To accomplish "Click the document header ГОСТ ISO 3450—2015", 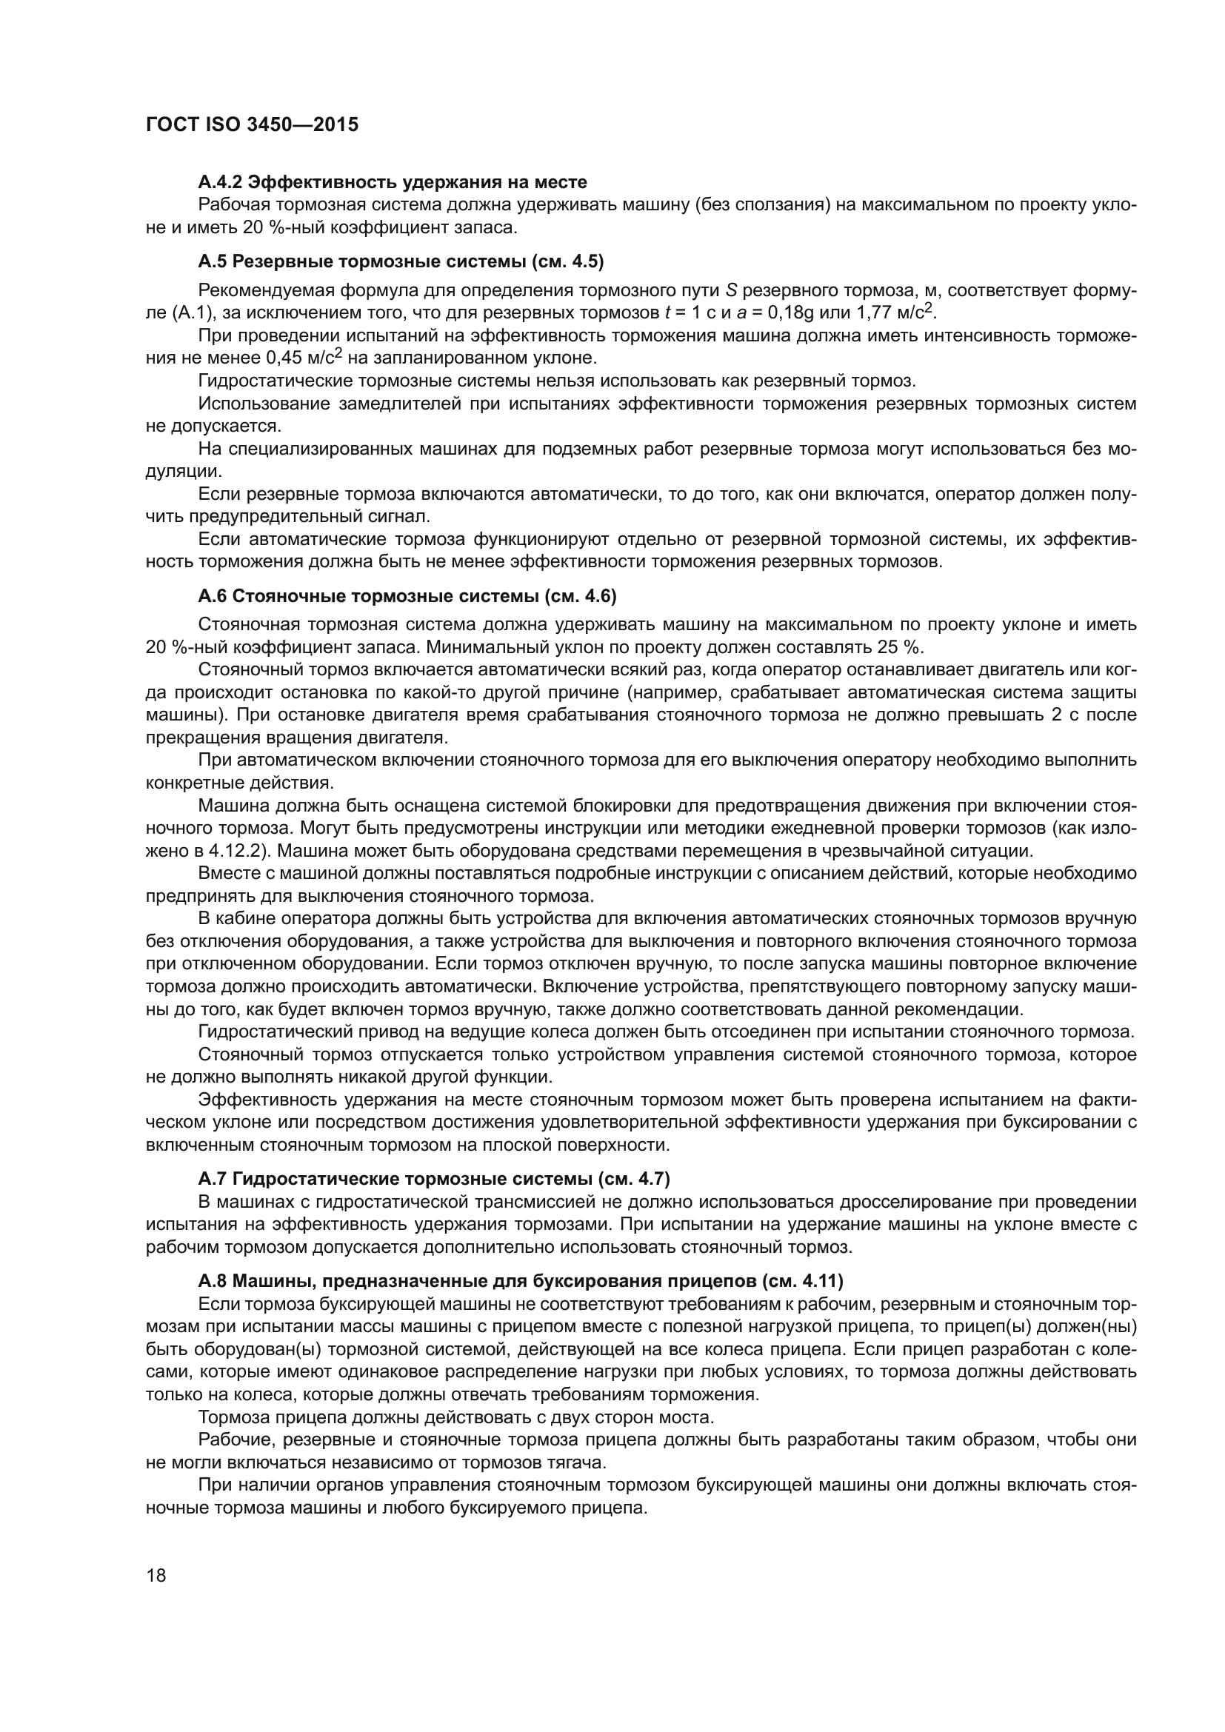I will click(x=252, y=124).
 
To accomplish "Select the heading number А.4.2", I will click(x=220, y=182).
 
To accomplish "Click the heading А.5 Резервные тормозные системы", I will click(x=400, y=261).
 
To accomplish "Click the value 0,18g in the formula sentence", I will click(x=795, y=312).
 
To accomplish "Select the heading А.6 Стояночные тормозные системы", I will click(x=407, y=597).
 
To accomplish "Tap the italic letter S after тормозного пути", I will click(x=730, y=290).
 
